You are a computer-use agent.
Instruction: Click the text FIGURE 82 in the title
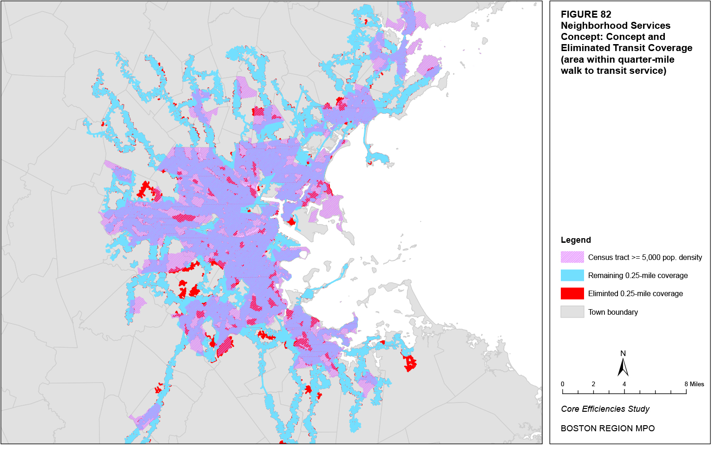pyautogui.click(x=585, y=14)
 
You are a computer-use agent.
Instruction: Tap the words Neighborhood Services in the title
pyautogui.click(x=615, y=26)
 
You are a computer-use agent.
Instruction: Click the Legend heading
pyautogui.click(x=576, y=240)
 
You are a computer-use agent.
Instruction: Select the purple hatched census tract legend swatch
pyautogui.click(x=572, y=257)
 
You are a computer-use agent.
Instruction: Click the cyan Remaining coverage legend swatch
pyautogui.click(x=572, y=275)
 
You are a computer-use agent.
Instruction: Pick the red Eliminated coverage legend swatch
pyautogui.click(x=572, y=293)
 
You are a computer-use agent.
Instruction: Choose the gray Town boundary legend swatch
pyautogui.click(x=572, y=312)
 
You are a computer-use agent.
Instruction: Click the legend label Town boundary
pyautogui.click(x=613, y=312)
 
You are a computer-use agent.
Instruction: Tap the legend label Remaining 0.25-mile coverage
pyautogui.click(x=637, y=275)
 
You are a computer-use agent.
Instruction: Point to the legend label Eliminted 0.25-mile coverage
pyautogui.click(x=635, y=293)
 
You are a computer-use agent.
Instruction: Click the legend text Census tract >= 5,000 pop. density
pyautogui.click(x=645, y=257)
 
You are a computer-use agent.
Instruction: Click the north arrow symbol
pyautogui.click(x=623, y=367)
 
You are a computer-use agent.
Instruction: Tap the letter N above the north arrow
pyautogui.click(x=623, y=353)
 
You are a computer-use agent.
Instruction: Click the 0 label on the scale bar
pyautogui.click(x=563, y=384)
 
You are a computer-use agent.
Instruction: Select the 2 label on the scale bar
pyautogui.click(x=593, y=384)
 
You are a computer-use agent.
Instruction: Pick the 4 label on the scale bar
pyautogui.click(x=624, y=384)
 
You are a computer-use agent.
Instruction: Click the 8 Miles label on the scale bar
pyautogui.click(x=694, y=384)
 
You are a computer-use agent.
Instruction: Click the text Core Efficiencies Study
pyautogui.click(x=605, y=409)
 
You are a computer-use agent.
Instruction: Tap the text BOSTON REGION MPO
pyautogui.click(x=607, y=428)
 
